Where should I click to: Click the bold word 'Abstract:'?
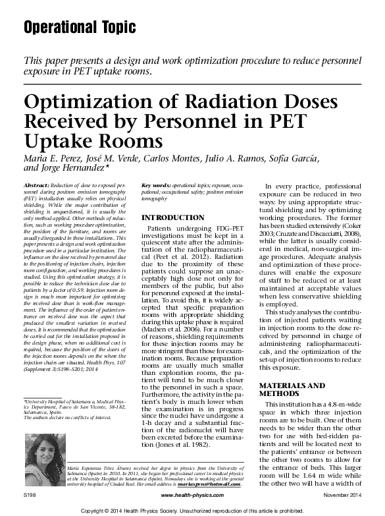(x=37, y=187)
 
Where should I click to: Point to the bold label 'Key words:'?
(x=157, y=187)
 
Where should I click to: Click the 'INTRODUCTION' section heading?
(x=174, y=217)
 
